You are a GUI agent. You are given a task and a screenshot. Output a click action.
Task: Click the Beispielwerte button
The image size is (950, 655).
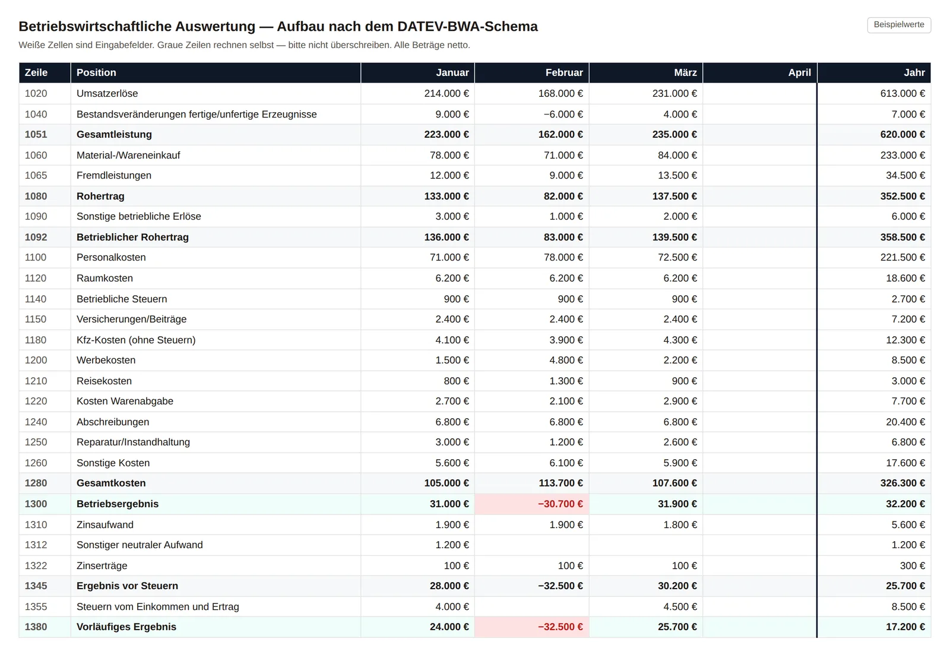(x=899, y=25)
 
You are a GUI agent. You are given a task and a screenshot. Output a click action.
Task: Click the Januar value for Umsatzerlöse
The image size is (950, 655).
(x=446, y=93)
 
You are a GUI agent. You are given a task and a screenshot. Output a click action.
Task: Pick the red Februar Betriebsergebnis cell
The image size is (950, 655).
(x=532, y=504)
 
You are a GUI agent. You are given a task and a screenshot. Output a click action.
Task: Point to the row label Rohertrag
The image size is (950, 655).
(x=100, y=196)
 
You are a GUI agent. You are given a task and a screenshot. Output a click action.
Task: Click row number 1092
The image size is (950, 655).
(x=36, y=237)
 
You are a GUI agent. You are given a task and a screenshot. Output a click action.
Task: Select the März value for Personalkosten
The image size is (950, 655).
(x=677, y=257)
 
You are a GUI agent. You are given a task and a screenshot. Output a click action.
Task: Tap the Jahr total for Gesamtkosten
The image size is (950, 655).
(x=902, y=483)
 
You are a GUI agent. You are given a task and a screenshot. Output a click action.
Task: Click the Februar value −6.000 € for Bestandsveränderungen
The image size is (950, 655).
(x=563, y=115)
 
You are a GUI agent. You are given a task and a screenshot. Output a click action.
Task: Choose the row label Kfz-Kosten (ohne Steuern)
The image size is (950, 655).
(x=136, y=340)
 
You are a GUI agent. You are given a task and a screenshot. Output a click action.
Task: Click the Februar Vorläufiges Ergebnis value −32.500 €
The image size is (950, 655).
(x=560, y=627)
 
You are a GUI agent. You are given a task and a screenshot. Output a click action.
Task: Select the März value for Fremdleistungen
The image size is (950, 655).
(x=677, y=176)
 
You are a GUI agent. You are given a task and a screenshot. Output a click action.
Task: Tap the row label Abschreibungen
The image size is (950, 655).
(x=113, y=422)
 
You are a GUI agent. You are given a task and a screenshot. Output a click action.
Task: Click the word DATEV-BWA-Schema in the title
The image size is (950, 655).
(x=467, y=26)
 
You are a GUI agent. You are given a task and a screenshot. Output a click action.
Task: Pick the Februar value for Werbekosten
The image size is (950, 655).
(x=566, y=360)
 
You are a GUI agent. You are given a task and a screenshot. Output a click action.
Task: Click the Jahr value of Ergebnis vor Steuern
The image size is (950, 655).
(x=905, y=586)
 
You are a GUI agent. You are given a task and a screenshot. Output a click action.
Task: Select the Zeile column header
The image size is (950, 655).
(x=36, y=72)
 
